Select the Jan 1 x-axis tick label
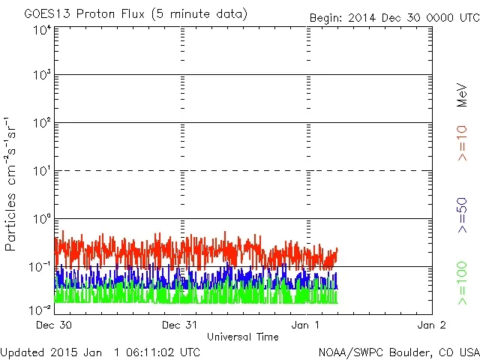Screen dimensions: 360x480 (x=307, y=325)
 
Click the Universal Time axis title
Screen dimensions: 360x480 (x=242, y=337)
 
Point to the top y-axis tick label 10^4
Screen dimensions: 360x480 (x=41, y=30)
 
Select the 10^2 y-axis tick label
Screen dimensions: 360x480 (x=41, y=124)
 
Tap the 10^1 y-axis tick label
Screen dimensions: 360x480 (x=41, y=172)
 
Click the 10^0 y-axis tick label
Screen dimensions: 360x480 (x=41, y=220)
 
